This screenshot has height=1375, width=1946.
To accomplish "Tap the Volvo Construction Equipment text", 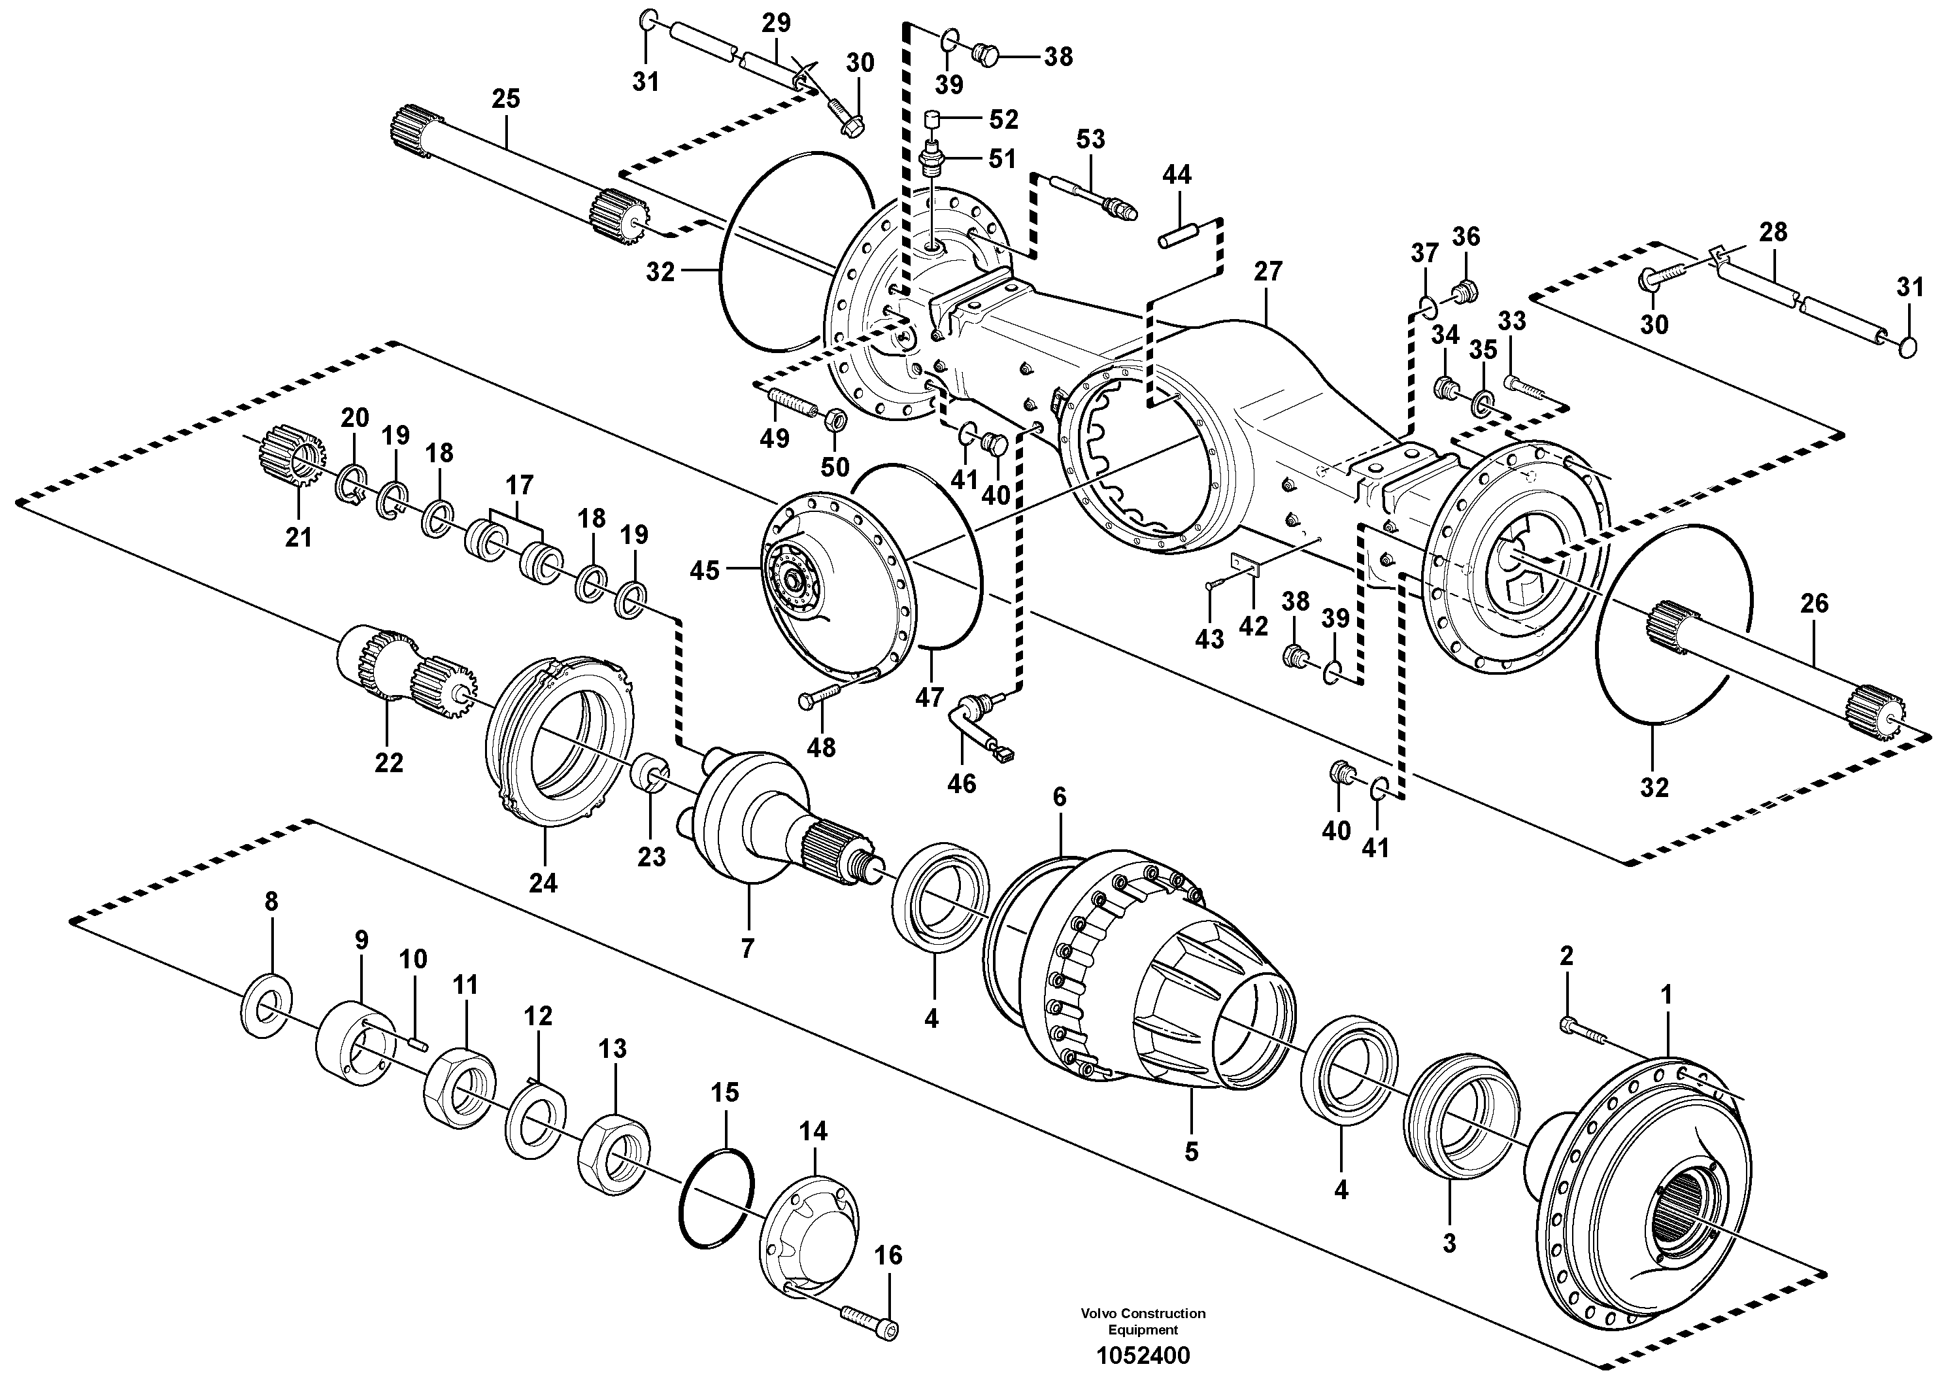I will pos(1142,1321).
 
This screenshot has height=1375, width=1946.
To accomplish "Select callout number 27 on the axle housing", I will pos(1268,271).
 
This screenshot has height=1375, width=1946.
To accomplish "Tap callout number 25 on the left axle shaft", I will pos(506,99).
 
